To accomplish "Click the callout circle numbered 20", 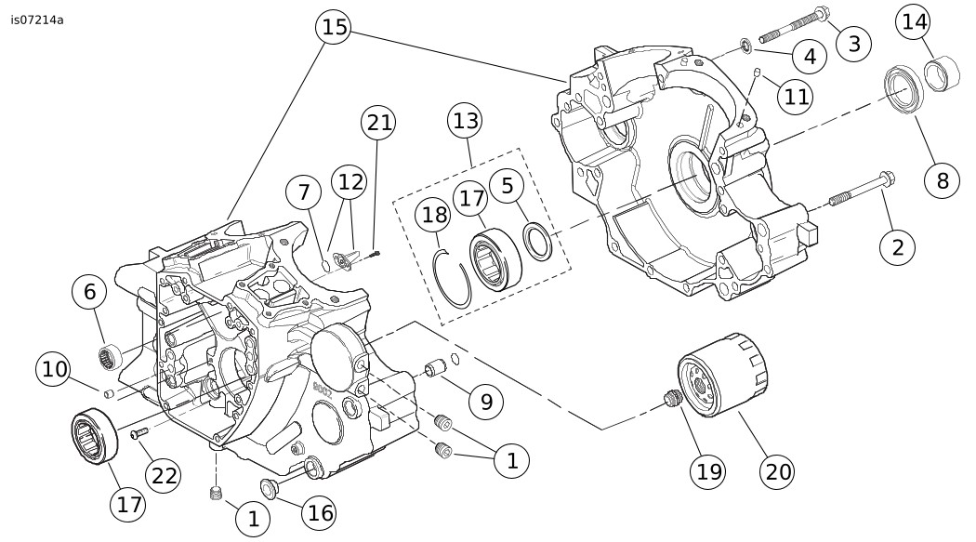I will tap(778, 471).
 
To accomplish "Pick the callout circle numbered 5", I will tap(508, 186).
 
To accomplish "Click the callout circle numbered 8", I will tap(943, 179).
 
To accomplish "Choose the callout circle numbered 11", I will tap(795, 96).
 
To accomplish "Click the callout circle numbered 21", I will tap(378, 124).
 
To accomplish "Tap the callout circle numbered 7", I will tap(303, 193).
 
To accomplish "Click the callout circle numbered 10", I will tap(55, 370).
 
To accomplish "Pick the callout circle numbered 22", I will tap(165, 476).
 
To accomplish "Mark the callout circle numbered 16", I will tap(322, 512).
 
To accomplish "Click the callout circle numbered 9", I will tap(485, 402).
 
